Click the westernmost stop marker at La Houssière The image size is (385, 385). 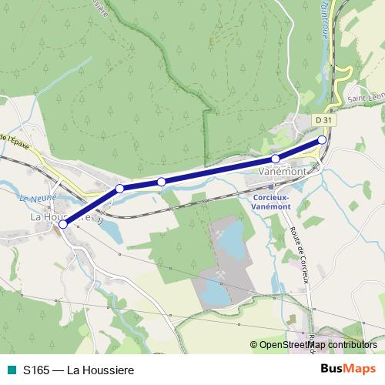click(62, 224)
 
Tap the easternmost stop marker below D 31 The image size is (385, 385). click(322, 140)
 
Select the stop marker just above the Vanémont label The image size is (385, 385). click(276, 159)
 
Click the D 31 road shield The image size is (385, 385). click(324, 120)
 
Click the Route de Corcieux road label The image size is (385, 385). click(300, 255)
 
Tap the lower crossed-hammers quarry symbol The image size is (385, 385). click(223, 274)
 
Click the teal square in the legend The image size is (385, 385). click(11, 369)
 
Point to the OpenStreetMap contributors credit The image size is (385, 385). click(317, 345)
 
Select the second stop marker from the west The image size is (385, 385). click(119, 189)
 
